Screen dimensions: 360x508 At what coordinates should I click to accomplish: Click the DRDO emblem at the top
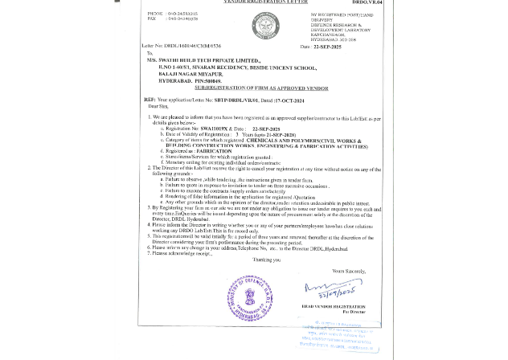tap(265, 26)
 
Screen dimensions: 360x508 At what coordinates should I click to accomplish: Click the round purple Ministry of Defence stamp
tap(250, 297)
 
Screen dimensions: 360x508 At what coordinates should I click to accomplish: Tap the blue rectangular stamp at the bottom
tap(338, 337)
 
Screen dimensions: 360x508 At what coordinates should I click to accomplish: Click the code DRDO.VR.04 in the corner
tap(367, 3)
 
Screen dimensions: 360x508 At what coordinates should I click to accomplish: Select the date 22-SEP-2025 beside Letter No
tap(326, 47)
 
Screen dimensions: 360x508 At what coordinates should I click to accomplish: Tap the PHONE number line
tap(172, 14)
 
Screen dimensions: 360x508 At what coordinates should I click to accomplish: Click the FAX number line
tap(172, 18)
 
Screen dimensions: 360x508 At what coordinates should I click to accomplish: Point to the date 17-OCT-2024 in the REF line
tap(289, 100)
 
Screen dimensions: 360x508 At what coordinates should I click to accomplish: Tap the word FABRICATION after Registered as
tap(214, 151)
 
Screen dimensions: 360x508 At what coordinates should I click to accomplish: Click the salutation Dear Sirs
tap(158, 106)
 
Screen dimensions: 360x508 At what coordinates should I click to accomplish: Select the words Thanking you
tap(267, 260)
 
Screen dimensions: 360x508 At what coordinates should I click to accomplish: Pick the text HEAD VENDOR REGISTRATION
tap(334, 306)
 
